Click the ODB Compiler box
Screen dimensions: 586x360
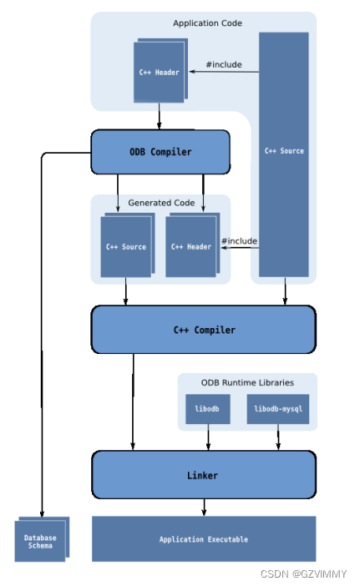coord(160,152)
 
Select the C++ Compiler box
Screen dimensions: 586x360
coord(204,330)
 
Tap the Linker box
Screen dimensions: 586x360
coord(204,475)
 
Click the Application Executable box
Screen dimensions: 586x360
coord(204,539)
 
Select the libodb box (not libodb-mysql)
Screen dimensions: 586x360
coord(207,409)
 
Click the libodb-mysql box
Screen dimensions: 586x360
coord(278,409)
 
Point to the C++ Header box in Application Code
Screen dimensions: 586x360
coord(159,72)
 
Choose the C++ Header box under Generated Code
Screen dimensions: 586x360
coord(191,246)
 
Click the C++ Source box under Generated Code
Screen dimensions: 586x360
coord(126,246)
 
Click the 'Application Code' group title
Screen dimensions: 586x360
coord(207,23)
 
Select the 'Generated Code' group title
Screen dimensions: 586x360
coord(161,203)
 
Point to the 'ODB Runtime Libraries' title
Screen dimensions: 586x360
coord(247,382)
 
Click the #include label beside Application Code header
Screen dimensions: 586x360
coord(224,63)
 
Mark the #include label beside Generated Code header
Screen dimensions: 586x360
coord(239,241)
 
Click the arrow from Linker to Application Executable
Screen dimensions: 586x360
coord(204,507)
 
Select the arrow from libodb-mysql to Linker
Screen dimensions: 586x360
coord(278,437)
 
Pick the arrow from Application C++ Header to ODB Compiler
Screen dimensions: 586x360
coord(159,116)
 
